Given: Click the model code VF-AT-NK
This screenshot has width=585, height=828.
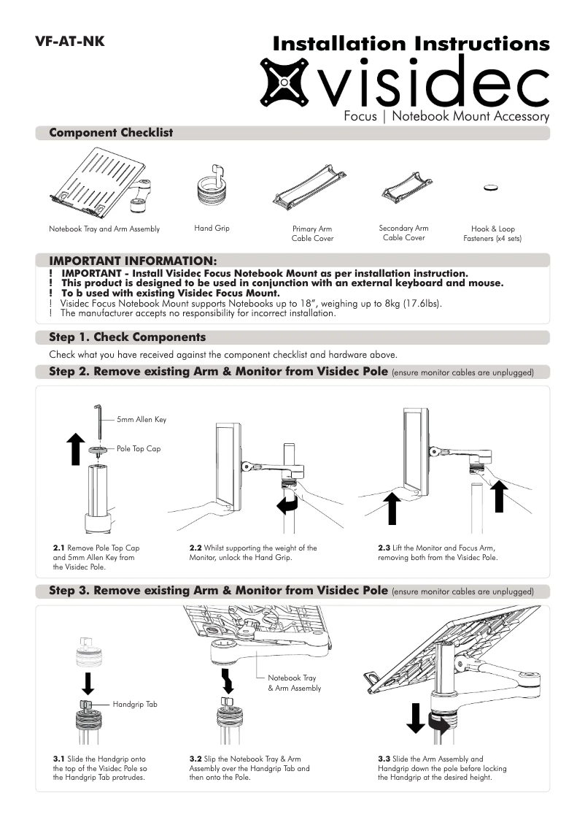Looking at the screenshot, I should [69, 41].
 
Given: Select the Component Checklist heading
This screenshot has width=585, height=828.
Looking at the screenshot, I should [111, 133].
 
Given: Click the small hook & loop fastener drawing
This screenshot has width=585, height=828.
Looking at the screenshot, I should [492, 188].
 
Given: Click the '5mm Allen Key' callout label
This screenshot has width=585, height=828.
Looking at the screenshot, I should [142, 420].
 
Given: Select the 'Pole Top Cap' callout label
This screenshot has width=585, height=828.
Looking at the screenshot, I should [139, 448].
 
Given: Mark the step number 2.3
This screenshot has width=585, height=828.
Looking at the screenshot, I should [384, 548].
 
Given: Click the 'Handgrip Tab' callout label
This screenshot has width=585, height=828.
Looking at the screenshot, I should [136, 705].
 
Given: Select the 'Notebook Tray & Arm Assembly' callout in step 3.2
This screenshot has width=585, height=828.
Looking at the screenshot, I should [293, 683].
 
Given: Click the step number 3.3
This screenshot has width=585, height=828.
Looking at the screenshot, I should [384, 759].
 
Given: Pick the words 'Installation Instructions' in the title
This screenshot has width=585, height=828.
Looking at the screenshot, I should [411, 44].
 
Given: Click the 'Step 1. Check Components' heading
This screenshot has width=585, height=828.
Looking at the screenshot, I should [127, 337].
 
